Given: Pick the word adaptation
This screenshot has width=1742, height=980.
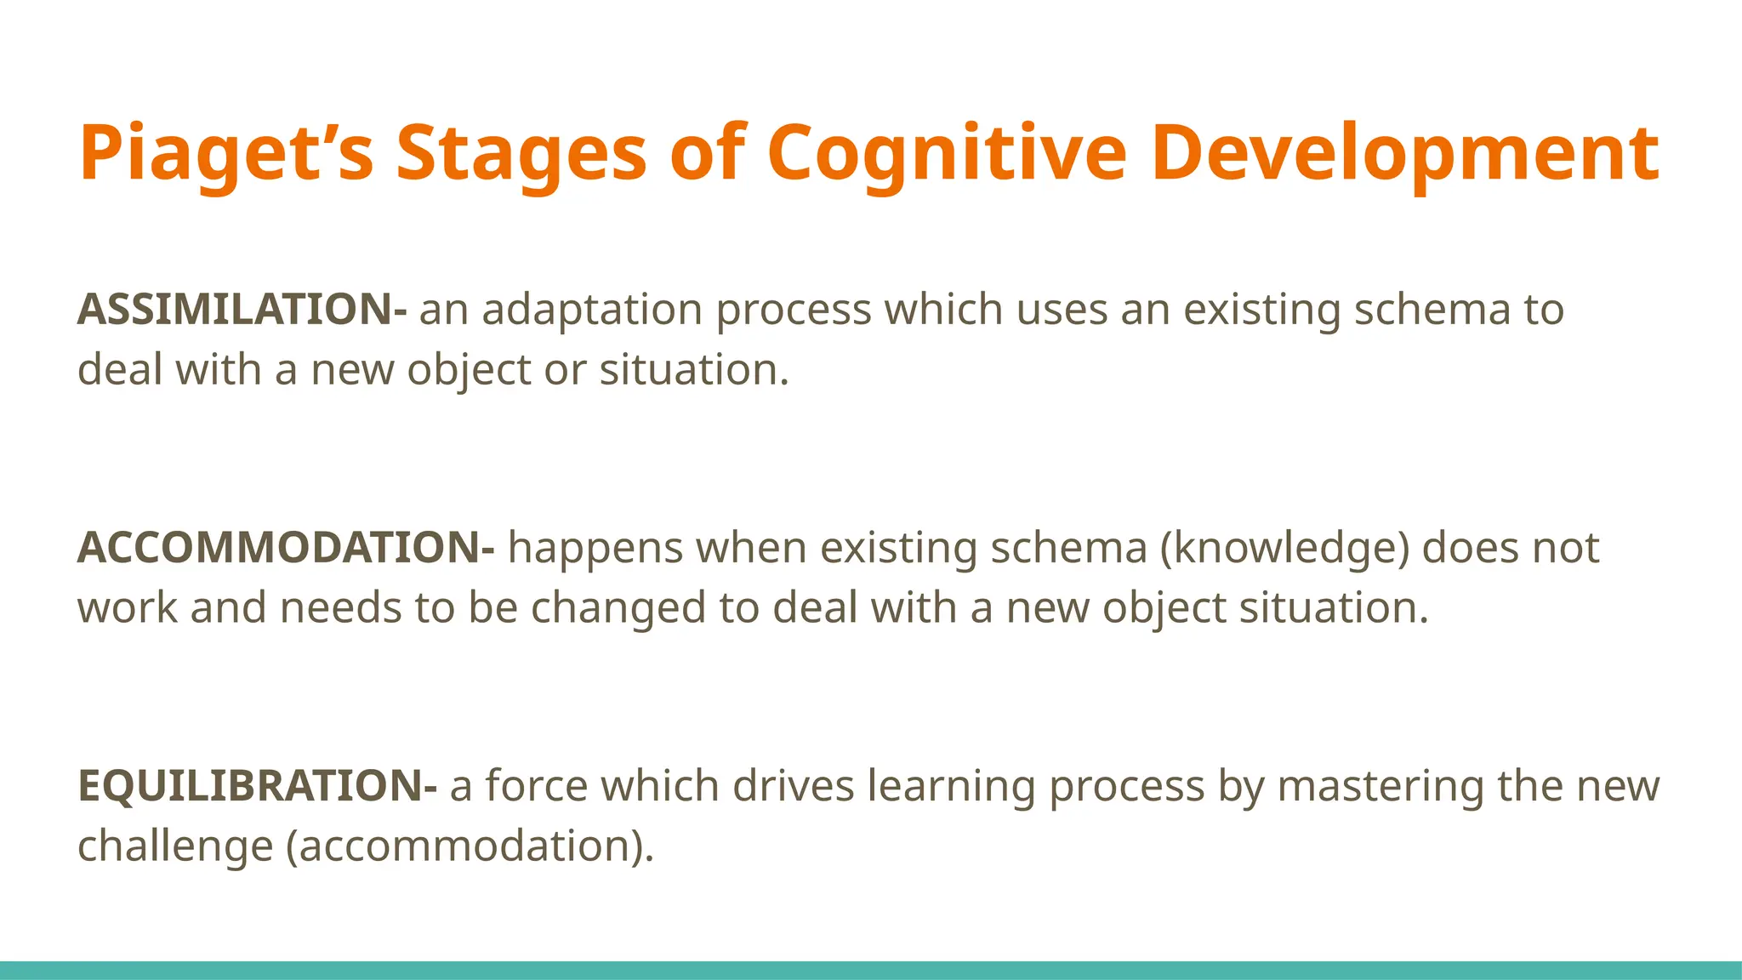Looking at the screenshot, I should pyautogui.click(x=592, y=310).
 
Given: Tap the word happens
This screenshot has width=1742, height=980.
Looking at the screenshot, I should pyautogui.click(x=595, y=548).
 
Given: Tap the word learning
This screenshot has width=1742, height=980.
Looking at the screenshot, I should pyautogui.click(x=951, y=786).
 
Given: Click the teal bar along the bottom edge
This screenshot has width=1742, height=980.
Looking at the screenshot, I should pyautogui.click(x=871, y=970).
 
